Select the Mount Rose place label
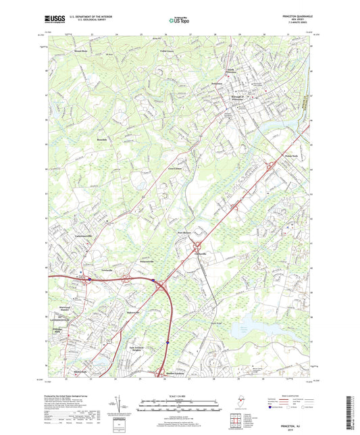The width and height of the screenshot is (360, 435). point(81,51)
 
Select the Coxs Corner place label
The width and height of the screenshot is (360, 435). point(175,169)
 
